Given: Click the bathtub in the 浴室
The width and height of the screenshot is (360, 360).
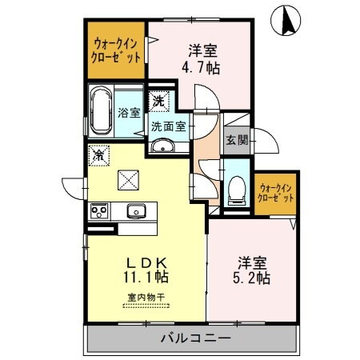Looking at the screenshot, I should (x=102, y=112).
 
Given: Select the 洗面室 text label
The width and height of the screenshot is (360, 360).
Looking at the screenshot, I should (x=169, y=126).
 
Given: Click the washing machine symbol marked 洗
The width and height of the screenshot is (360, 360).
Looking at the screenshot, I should (x=158, y=101).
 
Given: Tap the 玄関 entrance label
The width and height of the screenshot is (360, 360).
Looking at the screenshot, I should (x=237, y=141).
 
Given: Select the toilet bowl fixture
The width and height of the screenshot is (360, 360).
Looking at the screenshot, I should (x=237, y=189).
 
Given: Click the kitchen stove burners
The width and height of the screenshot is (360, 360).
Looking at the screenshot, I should (x=100, y=211).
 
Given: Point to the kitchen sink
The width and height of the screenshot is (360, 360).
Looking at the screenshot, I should (x=134, y=211).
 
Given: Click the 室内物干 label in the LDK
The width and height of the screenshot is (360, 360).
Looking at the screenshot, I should (x=145, y=298).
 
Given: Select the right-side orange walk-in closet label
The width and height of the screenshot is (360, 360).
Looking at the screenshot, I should (x=275, y=193).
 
